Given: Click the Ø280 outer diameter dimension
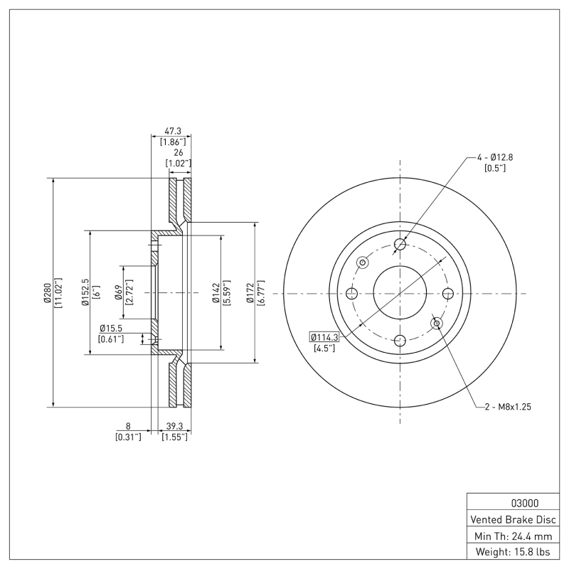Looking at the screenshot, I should point(46,293).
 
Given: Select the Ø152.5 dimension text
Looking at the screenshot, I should point(85,293).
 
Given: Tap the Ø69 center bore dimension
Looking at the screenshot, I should point(119,293).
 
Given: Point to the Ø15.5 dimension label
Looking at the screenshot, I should point(112,328).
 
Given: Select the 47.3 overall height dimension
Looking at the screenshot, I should point(173,132).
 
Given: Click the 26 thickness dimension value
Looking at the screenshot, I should point(178,152).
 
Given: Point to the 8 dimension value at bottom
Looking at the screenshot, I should point(128,426).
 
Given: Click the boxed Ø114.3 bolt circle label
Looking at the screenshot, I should point(324,336).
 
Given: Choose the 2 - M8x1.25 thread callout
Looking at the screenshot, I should point(509,407).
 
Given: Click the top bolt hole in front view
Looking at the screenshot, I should point(400,245).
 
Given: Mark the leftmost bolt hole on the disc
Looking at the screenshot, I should point(351,293).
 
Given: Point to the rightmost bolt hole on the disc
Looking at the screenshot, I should point(448,293).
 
